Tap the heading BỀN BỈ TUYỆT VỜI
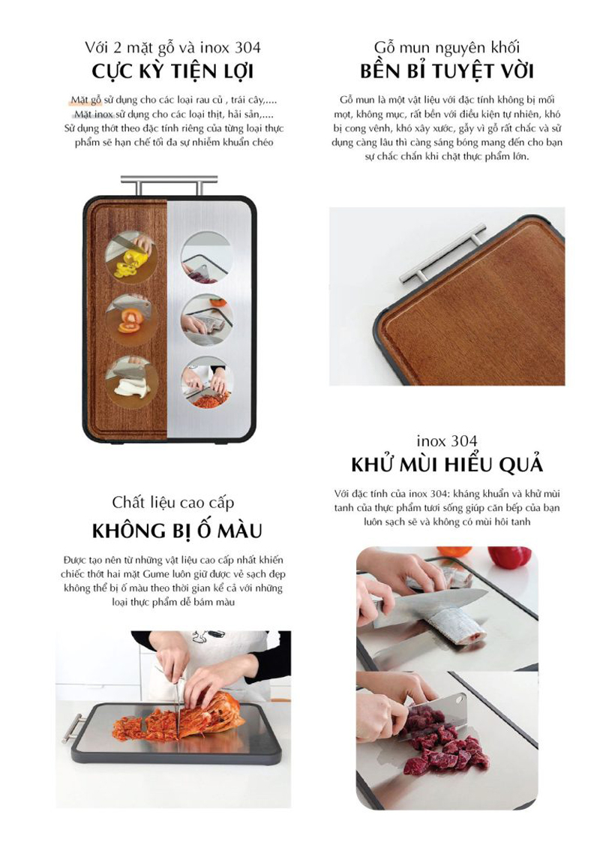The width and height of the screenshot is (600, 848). tap(446, 72)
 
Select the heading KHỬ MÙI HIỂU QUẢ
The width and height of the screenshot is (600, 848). tap(446, 465)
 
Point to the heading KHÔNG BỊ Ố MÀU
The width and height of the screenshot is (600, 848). tap(177, 531)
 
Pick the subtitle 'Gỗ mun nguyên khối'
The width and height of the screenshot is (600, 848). tap(447, 49)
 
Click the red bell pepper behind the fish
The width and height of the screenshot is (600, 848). tap(509, 558)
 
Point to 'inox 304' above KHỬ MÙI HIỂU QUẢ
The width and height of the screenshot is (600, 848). tap(447, 441)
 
